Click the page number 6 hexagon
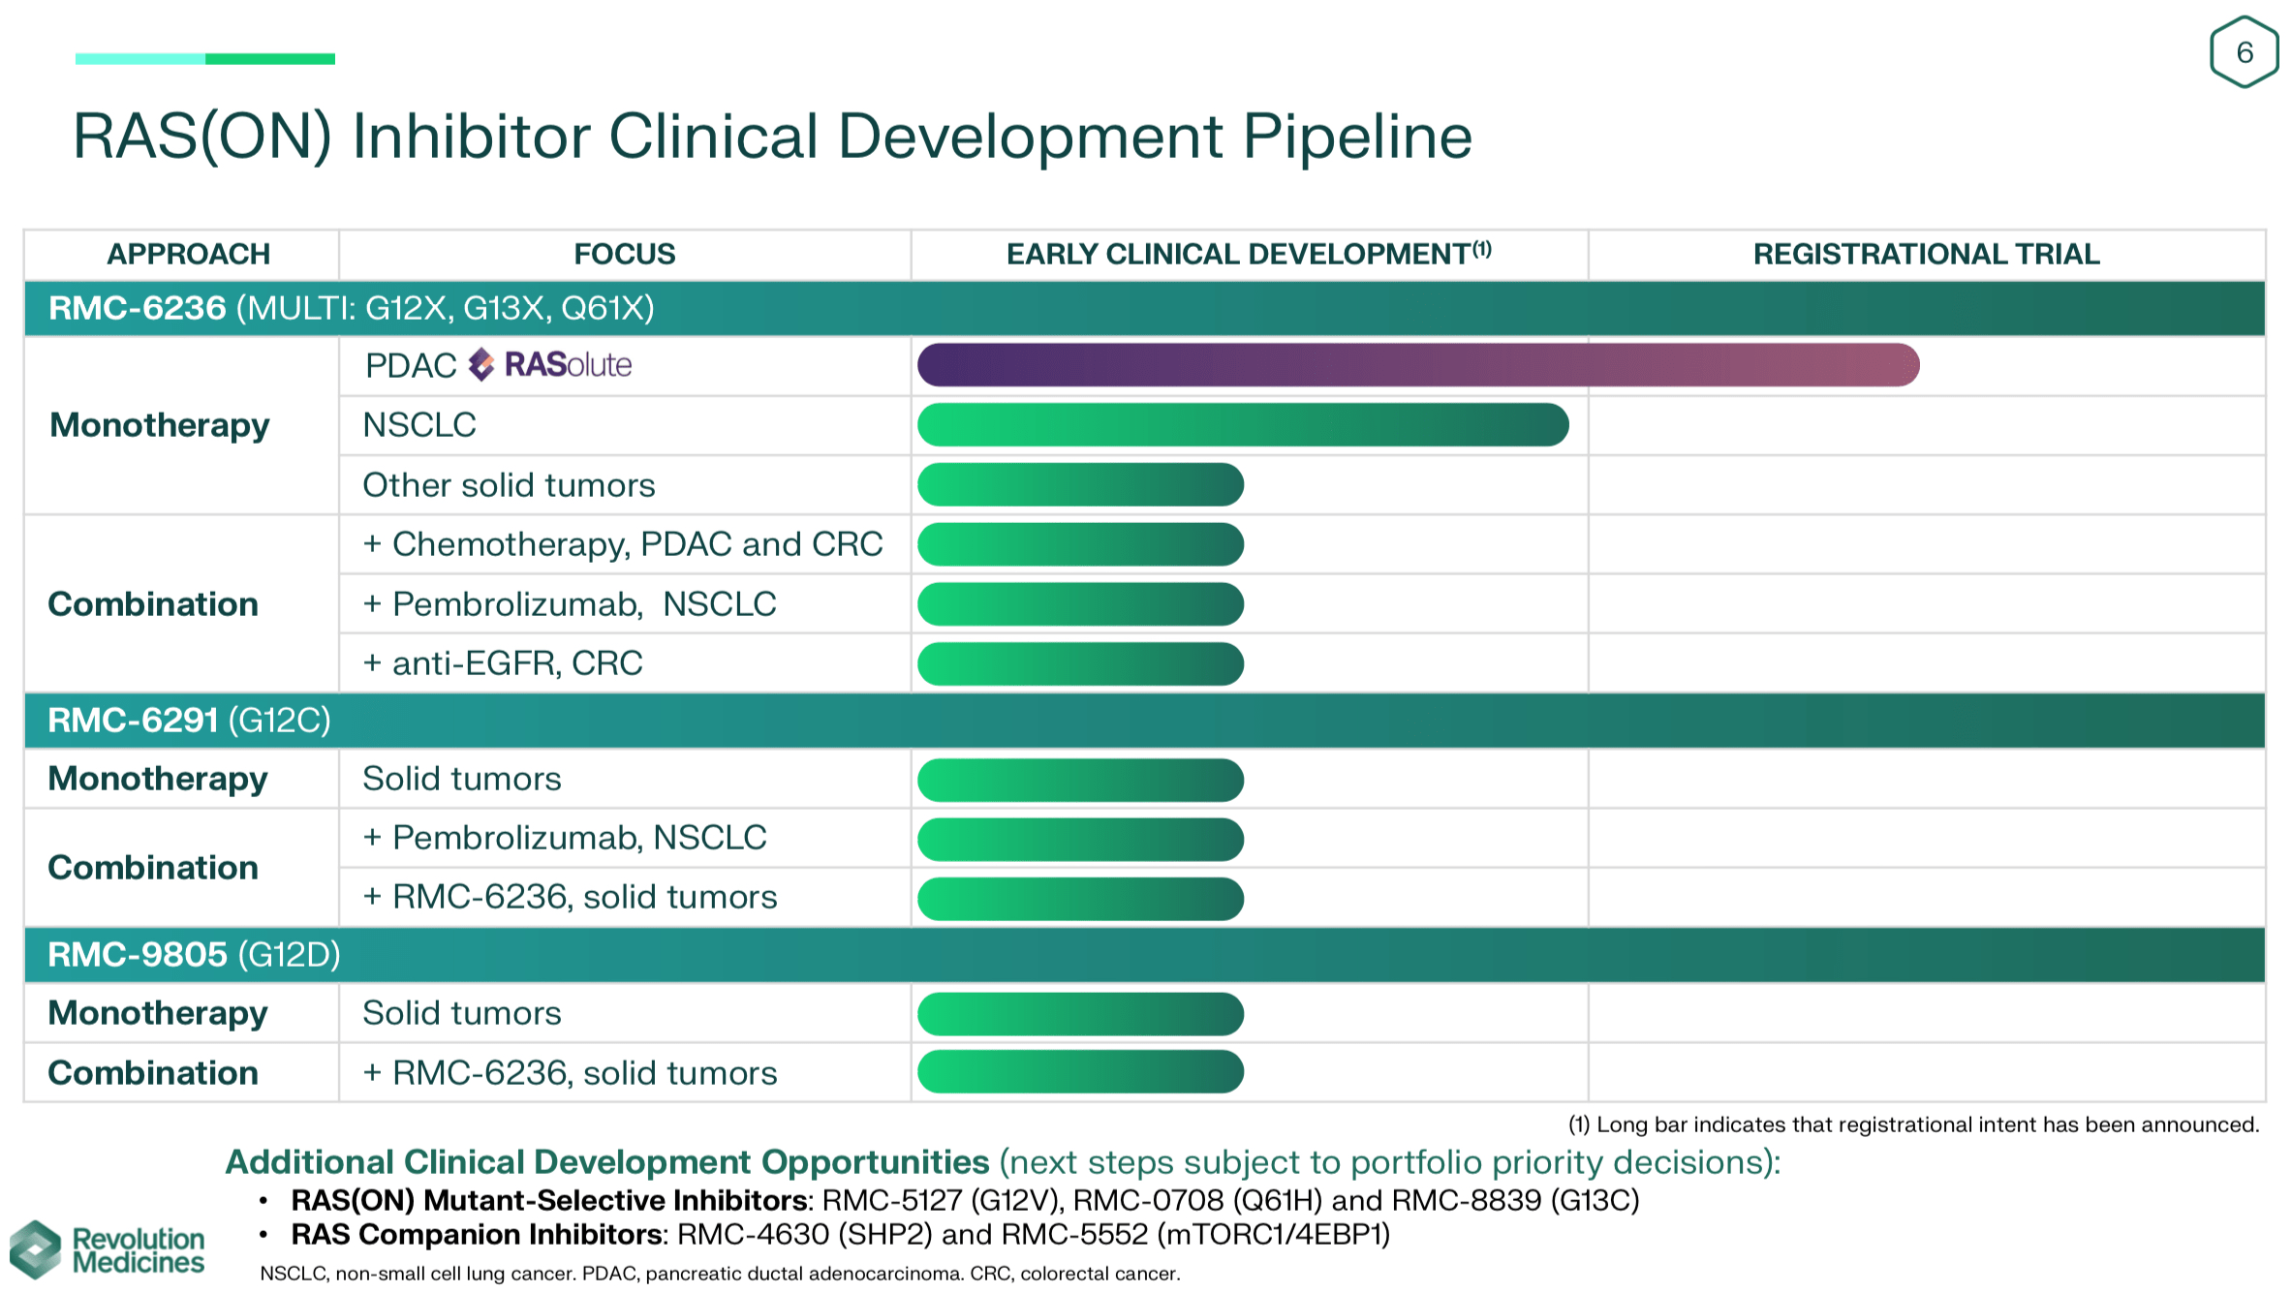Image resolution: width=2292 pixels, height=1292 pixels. click(x=2244, y=52)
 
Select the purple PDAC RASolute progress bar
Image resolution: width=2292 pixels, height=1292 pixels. click(x=1417, y=365)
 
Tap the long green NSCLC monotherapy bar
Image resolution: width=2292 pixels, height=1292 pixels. click(x=1242, y=425)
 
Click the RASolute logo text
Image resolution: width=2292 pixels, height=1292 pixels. click(x=567, y=365)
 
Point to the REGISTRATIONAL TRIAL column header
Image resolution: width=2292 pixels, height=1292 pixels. click(x=1926, y=254)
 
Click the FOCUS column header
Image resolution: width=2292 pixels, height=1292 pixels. click(x=624, y=254)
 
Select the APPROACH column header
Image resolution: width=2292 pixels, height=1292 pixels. click(x=188, y=254)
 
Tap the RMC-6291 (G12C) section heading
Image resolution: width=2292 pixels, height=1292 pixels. click(x=190, y=721)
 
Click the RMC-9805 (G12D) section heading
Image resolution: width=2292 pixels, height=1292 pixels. click(x=194, y=955)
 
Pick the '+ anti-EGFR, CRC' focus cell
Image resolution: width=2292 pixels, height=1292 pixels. click(x=502, y=663)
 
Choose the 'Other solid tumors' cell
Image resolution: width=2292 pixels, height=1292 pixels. click(x=509, y=485)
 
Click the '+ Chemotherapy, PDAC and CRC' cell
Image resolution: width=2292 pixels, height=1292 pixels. click(x=622, y=544)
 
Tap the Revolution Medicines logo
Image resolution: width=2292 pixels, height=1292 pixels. click(x=107, y=1249)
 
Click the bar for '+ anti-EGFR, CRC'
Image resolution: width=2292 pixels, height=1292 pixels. click(x=1080, y=663)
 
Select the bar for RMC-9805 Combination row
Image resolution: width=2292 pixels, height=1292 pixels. click(x=1080, y=1072)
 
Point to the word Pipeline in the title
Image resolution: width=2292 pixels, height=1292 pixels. click(x=1356, y=136)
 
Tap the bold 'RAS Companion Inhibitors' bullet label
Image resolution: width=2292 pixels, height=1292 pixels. click(x=479, y=1235)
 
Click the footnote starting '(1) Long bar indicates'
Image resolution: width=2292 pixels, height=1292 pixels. click(x=1913, y=1124)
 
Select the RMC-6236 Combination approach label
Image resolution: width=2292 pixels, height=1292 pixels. click(x=153, y=604)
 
